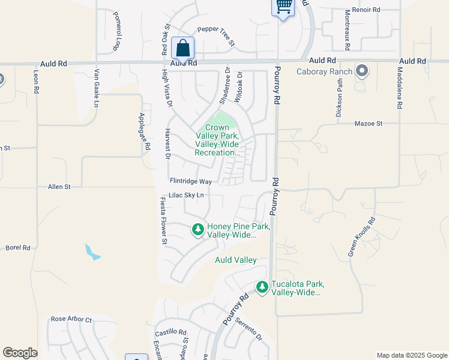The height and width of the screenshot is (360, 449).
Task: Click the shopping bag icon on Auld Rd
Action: click(x=182, y=47)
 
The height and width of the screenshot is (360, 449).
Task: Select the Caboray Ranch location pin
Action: click(x=361, y=71)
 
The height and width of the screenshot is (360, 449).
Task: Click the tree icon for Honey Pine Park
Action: click(x=197, y=229)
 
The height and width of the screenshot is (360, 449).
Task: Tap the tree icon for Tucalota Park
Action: click(x=262, y=287)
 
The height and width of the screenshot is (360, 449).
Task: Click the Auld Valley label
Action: click(x=236, y=260)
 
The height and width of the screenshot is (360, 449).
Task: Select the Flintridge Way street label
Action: click(x=191, y=181)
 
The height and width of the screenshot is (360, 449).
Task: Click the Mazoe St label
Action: click(x=370, y=123)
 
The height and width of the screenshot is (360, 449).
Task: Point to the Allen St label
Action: click(x=59, y=187)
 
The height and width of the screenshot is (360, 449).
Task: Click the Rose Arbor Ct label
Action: click(x=71, y=319)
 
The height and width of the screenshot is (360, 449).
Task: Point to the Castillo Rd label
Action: click(x=171, y=332)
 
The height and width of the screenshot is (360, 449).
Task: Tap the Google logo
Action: click(x=20, y=352)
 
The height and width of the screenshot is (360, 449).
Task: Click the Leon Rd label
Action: click(x=36, y=81)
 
